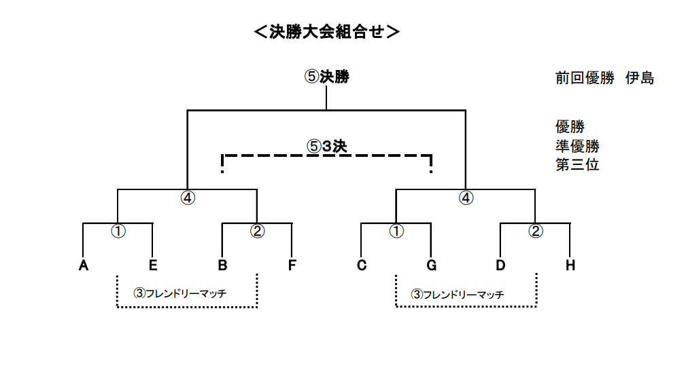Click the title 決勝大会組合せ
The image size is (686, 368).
click(x=327, y=32)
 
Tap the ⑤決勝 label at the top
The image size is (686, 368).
click(x=327, y=77)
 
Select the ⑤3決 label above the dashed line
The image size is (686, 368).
click(x=327, y=146)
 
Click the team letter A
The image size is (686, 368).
click(x=83, y=265)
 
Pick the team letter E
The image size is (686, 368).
click(x=153, y=265)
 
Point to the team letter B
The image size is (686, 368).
click(x=222, y=265)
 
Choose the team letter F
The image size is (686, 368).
click(x=292, y=265)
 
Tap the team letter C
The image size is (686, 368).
click(x=362, y=265)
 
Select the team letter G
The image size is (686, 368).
click(x=431, y=265)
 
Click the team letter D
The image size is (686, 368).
click(x=500, y=265)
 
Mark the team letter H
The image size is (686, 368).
click(x=570, y=265)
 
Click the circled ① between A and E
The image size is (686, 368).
click(x=118, y=231)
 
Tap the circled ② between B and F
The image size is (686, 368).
click(x=257, y=231)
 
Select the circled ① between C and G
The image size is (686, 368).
click(x=396, y=231)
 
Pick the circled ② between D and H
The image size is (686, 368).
click(x=536, y=231)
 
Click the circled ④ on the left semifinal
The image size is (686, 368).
click(x=188, y=198)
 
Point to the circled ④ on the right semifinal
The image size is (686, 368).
click(x=466, y=198)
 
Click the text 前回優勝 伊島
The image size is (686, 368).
click(x=604, y=78)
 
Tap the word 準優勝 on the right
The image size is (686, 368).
click(x=577, y=146)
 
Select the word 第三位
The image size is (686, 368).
click(x=577, y=165)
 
